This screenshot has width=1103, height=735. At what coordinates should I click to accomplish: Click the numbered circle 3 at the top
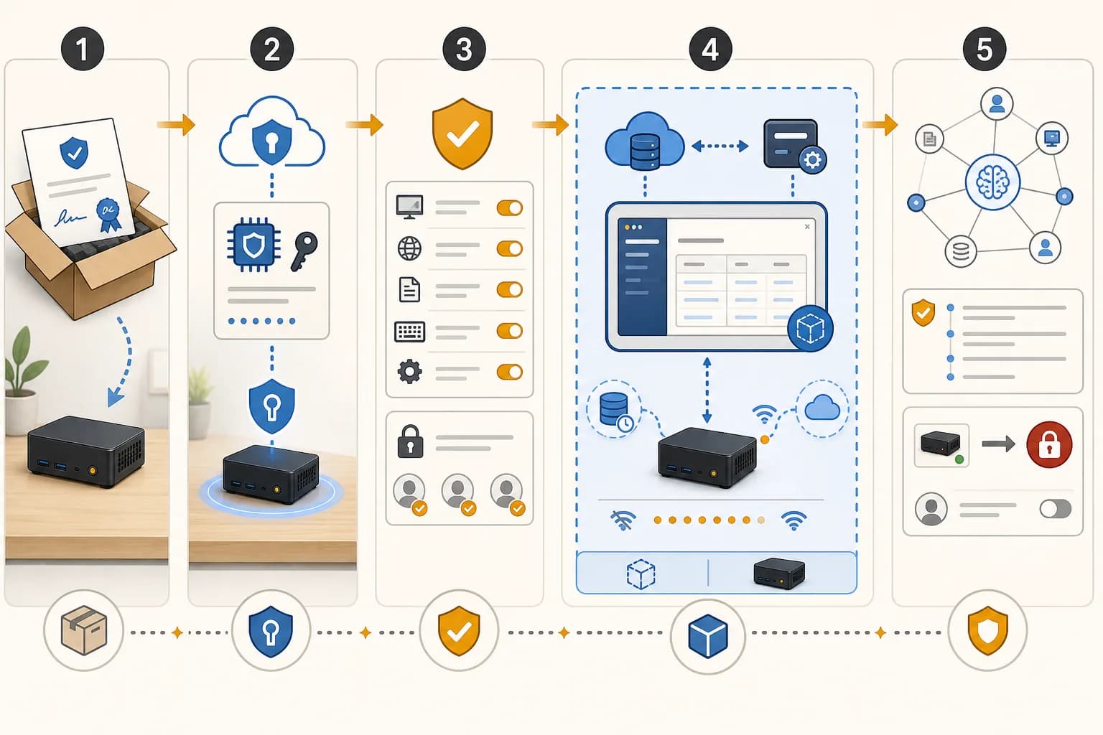point(464,50)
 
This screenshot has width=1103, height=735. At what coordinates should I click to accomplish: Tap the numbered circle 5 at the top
point(985,50)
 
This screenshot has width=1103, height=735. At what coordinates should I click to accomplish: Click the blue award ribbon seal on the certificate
point(108,215)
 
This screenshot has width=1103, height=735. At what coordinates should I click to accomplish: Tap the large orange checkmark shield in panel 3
point(462,134)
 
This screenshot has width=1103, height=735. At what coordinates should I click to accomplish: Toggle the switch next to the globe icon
point(510,248)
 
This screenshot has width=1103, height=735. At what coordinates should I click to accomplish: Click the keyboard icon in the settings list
point(410,332)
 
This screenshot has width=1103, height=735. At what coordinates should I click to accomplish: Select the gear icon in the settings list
point(410,372)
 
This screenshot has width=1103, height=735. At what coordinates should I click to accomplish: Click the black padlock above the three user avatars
point(410,441)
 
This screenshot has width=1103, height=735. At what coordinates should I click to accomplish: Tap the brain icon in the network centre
point(992,182)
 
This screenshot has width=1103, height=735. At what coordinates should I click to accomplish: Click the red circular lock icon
point(1049,444)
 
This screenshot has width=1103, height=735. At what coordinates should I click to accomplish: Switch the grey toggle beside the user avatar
point(1055,509)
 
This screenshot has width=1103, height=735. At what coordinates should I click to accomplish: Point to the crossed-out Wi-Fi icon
point(623,520)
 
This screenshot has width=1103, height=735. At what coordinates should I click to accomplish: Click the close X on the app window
point(807,226)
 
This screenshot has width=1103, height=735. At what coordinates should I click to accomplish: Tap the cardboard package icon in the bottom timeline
point(84,630)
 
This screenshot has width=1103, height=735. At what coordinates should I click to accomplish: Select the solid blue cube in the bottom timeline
point(707,635)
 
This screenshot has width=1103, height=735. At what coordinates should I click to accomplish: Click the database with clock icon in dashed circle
point(614,410)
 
